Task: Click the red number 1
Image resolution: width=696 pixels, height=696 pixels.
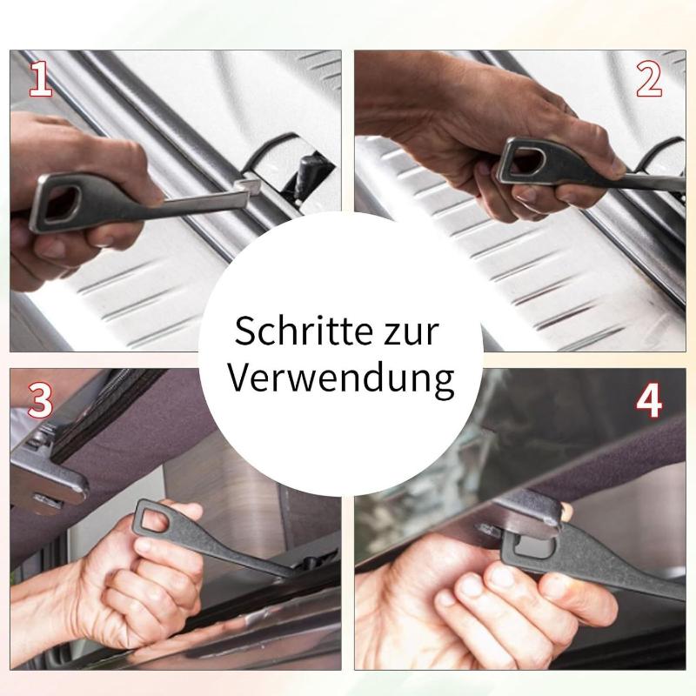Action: [41, 79]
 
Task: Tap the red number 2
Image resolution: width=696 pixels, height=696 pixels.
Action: [649, 79]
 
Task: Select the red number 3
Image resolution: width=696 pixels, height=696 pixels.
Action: [40, 399]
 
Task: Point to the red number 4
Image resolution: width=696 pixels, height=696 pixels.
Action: [649, 399]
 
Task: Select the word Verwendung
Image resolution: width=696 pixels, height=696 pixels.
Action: [341, 378]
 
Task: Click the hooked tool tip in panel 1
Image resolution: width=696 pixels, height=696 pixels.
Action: [250, 185]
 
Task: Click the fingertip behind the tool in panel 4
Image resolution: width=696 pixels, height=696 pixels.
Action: [565, 512]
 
